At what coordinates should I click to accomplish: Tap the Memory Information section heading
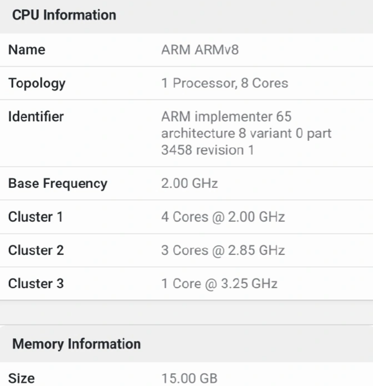76,343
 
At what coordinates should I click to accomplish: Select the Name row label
27,50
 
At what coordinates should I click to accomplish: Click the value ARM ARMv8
200,50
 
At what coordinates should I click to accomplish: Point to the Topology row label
37,83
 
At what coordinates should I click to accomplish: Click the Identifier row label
36,117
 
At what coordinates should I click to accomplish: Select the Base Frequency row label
58,183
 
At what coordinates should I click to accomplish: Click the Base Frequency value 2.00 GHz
190,183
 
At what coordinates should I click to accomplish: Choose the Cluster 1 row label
35,217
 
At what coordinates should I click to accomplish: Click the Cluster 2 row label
36,250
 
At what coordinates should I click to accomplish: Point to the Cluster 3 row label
36,283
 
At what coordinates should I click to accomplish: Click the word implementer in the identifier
233,117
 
